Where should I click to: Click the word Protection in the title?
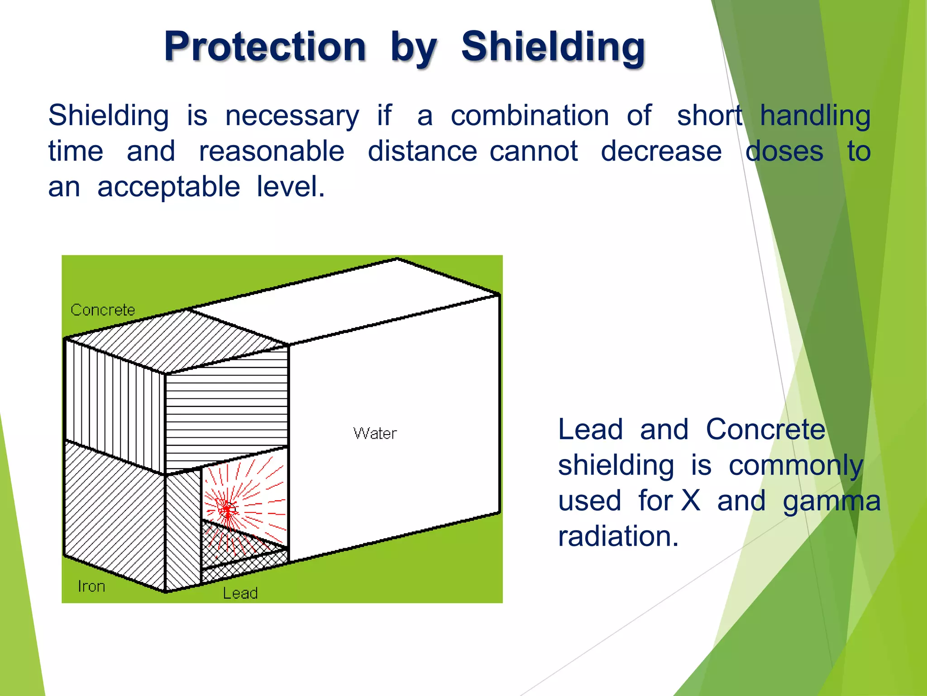point(265,46)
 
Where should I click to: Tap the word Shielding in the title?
point(553,46)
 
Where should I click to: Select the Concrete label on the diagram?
point(103,310)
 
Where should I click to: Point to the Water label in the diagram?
point(375,434)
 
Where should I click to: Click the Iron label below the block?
point(91,586)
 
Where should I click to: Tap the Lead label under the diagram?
point(240,593)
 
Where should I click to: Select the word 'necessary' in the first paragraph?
point(292,116)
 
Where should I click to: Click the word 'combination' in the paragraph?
point(530,115)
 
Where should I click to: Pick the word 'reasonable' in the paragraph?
point(272,151)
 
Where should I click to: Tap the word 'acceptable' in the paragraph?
point(168,187)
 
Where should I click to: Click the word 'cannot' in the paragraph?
point(534,151)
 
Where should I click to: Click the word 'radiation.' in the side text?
point(618,536)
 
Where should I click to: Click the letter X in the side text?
point(691,501)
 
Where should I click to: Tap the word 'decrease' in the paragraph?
point(661,151)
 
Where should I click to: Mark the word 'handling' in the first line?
point(815,116)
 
